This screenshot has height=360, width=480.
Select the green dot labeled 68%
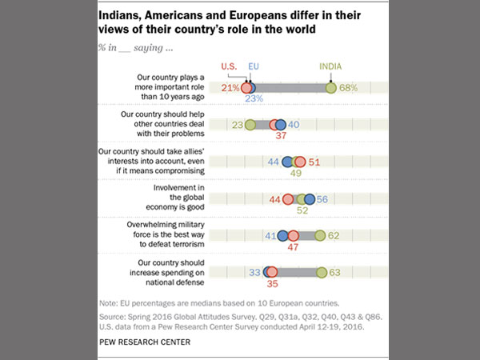point(332,87)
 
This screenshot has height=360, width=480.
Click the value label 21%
point(230,88)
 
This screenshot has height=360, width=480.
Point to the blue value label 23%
point(255,100)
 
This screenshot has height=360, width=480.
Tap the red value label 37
point(280,137)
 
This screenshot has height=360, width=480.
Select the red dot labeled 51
point(301,162)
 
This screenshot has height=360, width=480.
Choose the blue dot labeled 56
point(310,199)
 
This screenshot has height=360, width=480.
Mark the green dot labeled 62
point(320,236)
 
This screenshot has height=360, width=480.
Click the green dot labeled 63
point(322,273)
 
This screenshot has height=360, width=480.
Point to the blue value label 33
point(254,273)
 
